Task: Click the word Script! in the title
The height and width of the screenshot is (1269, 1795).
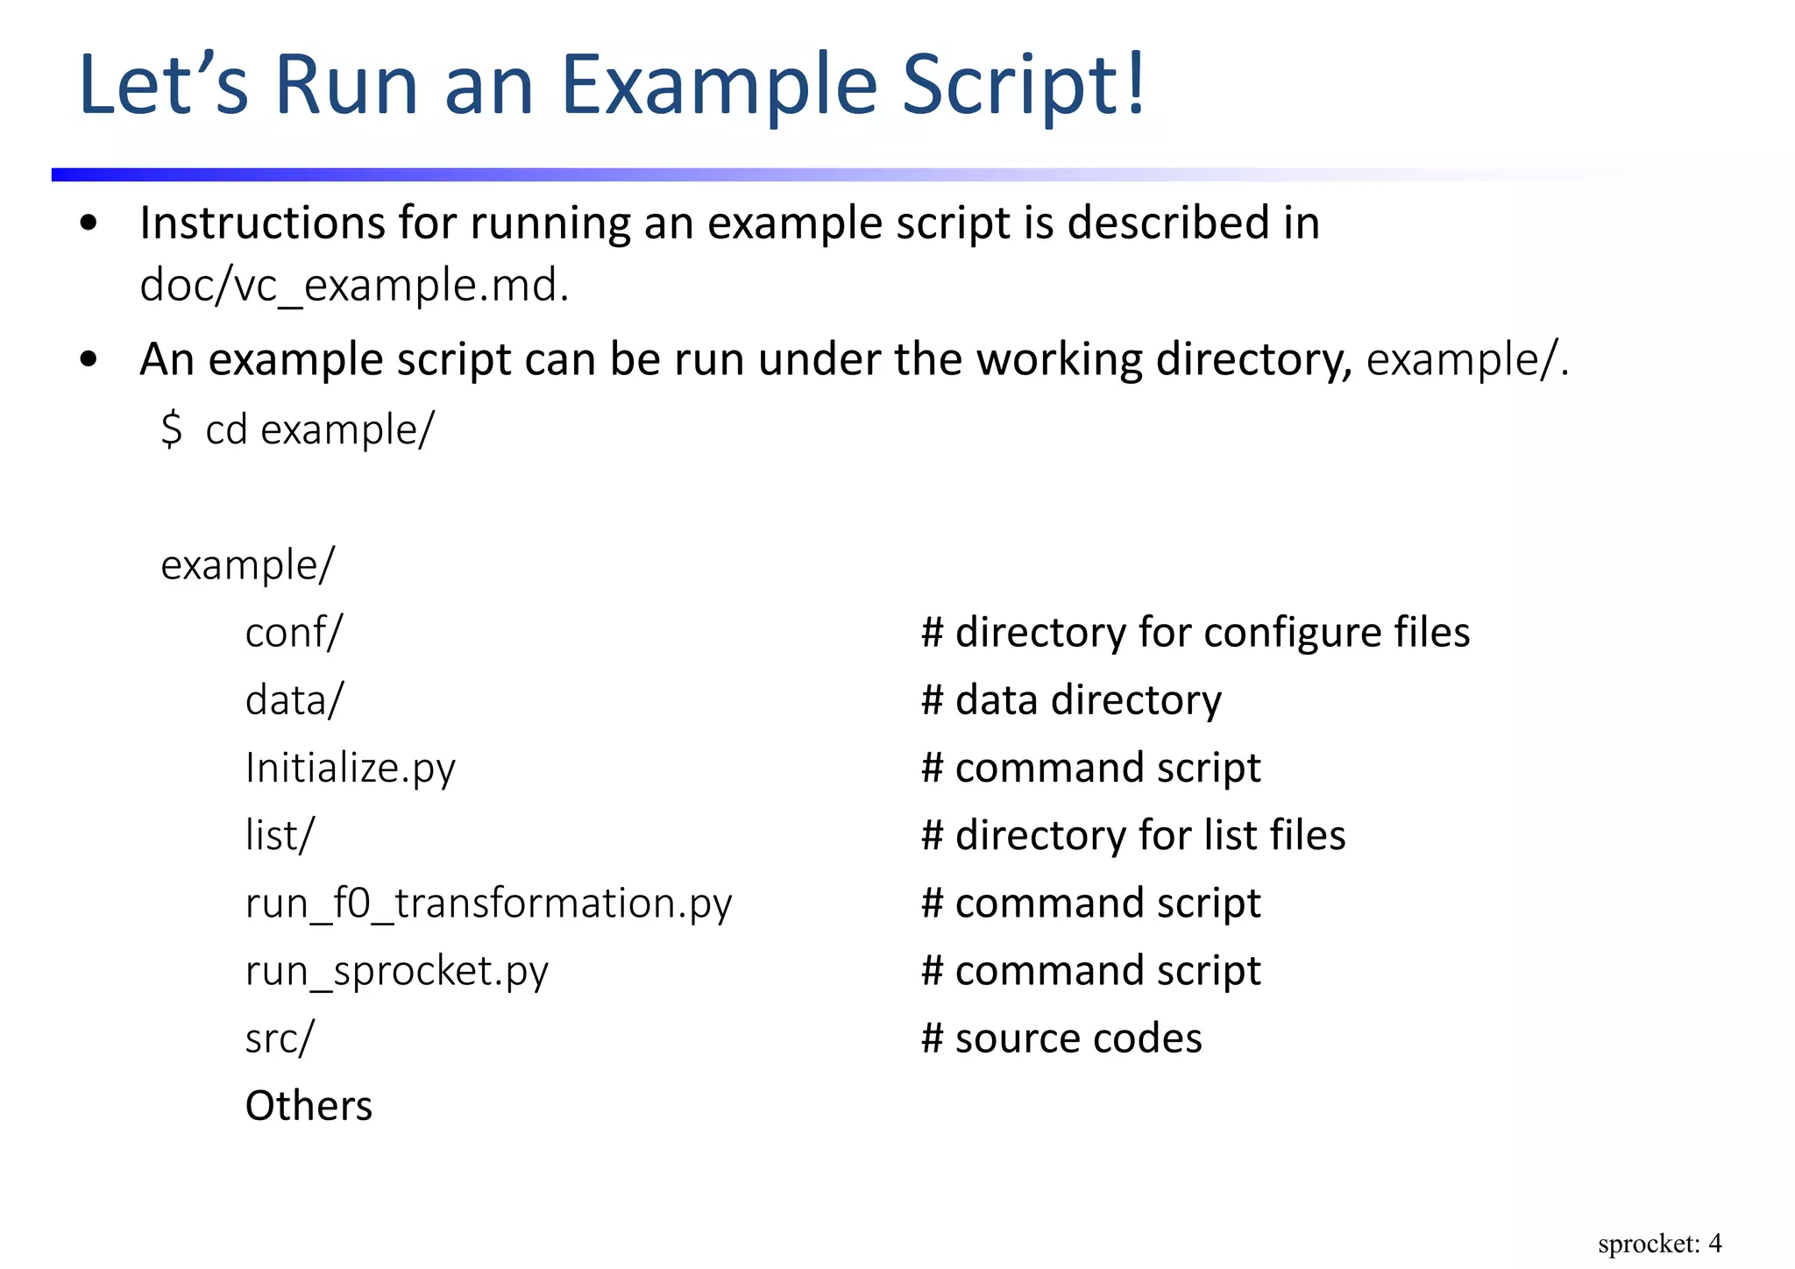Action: click(1024, 85)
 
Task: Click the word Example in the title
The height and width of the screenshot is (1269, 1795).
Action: click(718, 85)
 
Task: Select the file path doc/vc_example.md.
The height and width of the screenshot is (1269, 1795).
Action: click(354, 286)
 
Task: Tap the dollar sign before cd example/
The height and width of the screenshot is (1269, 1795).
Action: click(172, 429)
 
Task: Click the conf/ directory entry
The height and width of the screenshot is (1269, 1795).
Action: click(294, 632)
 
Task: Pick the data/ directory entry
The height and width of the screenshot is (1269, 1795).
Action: click(294, 699)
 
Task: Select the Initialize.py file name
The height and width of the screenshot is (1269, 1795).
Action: click(350, 768)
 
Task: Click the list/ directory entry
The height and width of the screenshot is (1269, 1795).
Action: click(279, 835)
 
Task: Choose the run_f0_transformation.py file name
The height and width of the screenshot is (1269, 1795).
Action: click(488, 904)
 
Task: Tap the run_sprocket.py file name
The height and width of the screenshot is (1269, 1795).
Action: click(396, 971)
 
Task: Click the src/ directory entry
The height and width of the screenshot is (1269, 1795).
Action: click(279, 1039)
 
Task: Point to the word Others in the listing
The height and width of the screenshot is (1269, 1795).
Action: click(309, 1106)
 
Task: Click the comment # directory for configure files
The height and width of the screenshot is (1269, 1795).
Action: click(1195, 632)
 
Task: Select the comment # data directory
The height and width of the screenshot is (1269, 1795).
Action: click(1070, 699)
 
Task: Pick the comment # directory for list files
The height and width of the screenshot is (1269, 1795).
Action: click(1132, 835)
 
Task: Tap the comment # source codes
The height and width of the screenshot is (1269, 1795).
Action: click(1061, 1039)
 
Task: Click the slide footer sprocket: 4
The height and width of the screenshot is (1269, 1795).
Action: click(1659, 1244)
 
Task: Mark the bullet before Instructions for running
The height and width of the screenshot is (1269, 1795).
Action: click(89, 223)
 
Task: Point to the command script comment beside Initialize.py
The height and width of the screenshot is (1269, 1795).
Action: click(1090, 768)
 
